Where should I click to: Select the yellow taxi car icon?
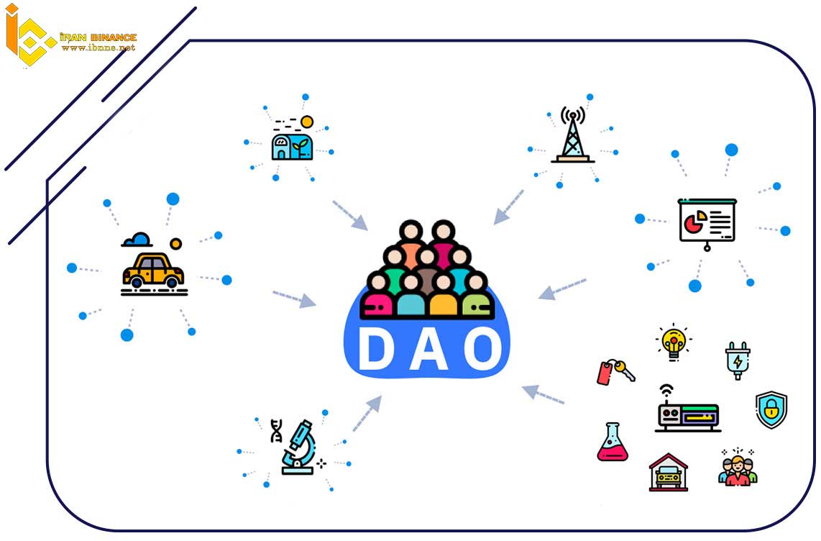[x=153, y=271]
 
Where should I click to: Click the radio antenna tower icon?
[x=573, y=135]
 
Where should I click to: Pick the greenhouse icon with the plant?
[x=293, y=139]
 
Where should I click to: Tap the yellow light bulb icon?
[x=674, y=342]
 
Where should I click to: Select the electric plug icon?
[x=738, y=360]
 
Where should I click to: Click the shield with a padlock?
[x=771, y=409]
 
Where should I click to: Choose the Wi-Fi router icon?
[x=687, y=409]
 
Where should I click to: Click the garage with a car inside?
[x=668, y=473]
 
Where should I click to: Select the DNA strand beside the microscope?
[x=276, y=430]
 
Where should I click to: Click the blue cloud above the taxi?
[x=137, y=240]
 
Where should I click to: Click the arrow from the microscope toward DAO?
[x=367, y=414]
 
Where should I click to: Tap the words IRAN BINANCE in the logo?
[x=98, y=37]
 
